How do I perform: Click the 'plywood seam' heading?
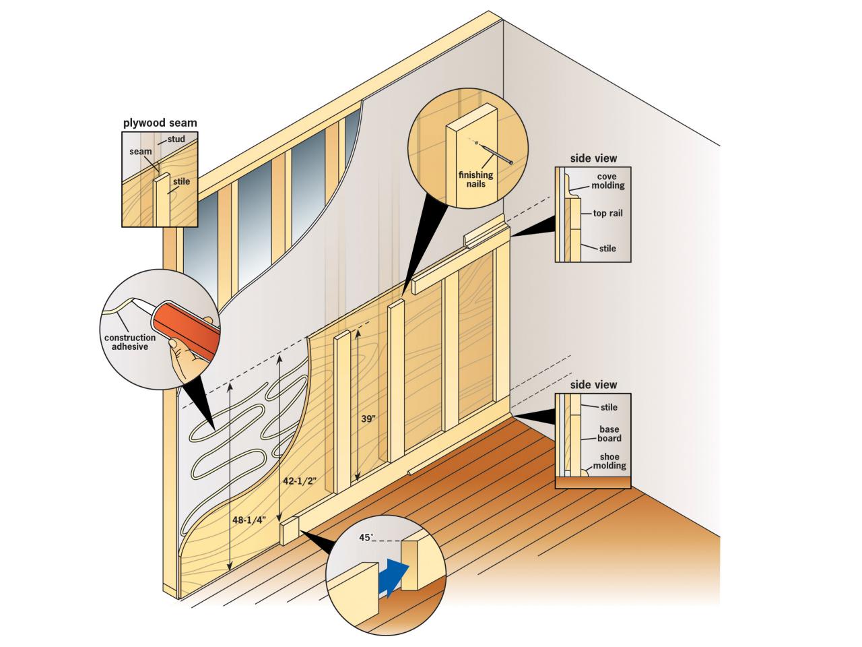160,123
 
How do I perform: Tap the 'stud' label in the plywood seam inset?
176,139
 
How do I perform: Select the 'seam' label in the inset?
141,152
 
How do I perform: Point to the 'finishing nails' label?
475,179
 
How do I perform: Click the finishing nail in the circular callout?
494,153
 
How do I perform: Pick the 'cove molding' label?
607,181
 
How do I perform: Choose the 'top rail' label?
607,214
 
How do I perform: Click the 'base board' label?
609,433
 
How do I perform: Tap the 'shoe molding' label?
609,461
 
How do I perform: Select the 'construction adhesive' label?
130,342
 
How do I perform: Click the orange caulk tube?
186,329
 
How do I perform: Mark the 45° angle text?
366,537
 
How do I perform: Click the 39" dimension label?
368,419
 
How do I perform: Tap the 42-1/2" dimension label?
300,481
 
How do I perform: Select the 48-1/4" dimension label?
249,520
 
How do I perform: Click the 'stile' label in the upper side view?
607,248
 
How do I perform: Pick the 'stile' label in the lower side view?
609,407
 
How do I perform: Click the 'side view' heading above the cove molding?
593,158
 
